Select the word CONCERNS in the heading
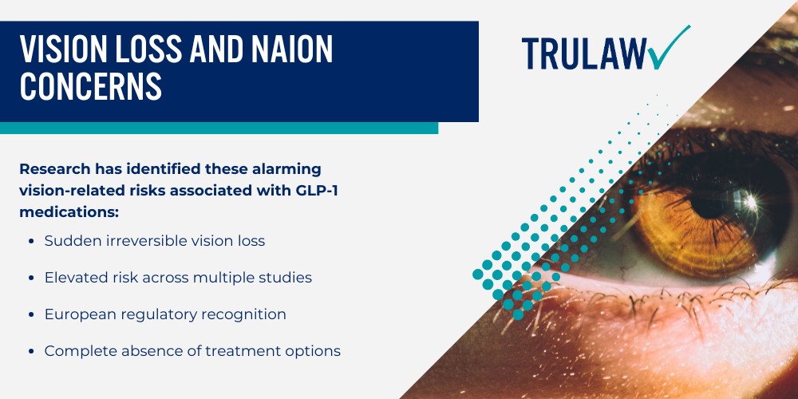pos(90,86)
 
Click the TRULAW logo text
pos(584,53)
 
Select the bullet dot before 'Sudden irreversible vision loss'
pos(30,241)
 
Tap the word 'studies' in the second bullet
pos(284,277)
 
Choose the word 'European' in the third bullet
pos(79,314)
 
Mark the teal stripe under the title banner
pos(219,128)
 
